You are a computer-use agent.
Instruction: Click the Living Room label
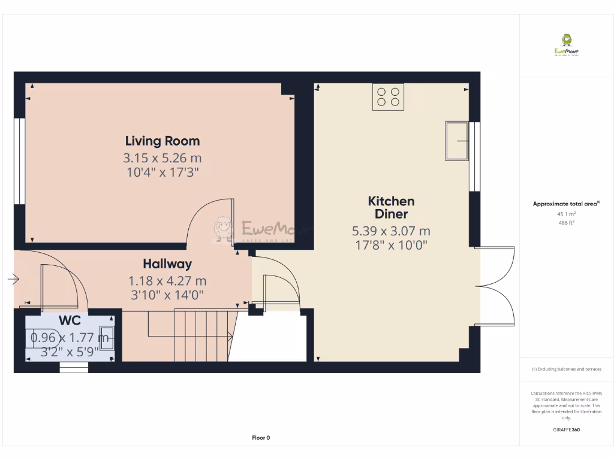pos(162,141)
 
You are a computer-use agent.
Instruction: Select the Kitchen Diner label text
pos(391,208)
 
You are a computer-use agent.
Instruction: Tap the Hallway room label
pos(167,264)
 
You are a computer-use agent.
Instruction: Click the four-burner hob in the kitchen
pos(388,97)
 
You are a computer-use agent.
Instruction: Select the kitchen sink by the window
pos(457,141)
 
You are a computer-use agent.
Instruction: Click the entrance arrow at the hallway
pos(14,279)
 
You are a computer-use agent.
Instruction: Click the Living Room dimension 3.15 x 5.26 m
pos(162,158)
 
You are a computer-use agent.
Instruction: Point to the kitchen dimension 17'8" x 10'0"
pos(391,244)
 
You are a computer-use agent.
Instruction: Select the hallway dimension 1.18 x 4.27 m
pos(167,280)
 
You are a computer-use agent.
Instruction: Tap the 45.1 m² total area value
pos(566,214)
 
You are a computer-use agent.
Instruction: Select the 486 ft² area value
pos(566,222)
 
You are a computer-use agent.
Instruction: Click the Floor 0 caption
pos(261,438)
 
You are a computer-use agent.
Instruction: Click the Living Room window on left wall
pos(20,161)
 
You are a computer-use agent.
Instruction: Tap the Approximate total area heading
pos(565,204)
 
